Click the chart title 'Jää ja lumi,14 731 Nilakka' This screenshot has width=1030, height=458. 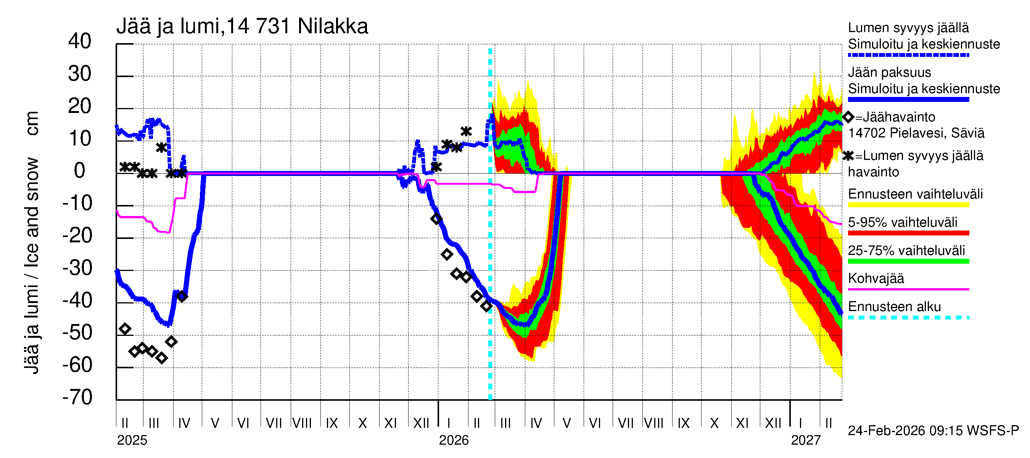242,26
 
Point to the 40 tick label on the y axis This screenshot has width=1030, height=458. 80,41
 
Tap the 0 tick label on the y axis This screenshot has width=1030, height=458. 80,171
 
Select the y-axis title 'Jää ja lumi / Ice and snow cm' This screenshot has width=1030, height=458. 32,242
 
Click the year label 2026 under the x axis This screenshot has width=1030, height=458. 454,440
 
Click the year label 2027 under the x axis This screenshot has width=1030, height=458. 805,440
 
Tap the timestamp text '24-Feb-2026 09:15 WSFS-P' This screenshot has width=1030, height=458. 933,431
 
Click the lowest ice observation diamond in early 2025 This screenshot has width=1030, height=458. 161,358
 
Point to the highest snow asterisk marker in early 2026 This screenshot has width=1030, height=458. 466,131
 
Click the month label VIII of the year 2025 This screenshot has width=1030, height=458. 302,423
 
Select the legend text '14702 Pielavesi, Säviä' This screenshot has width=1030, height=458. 916,133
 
